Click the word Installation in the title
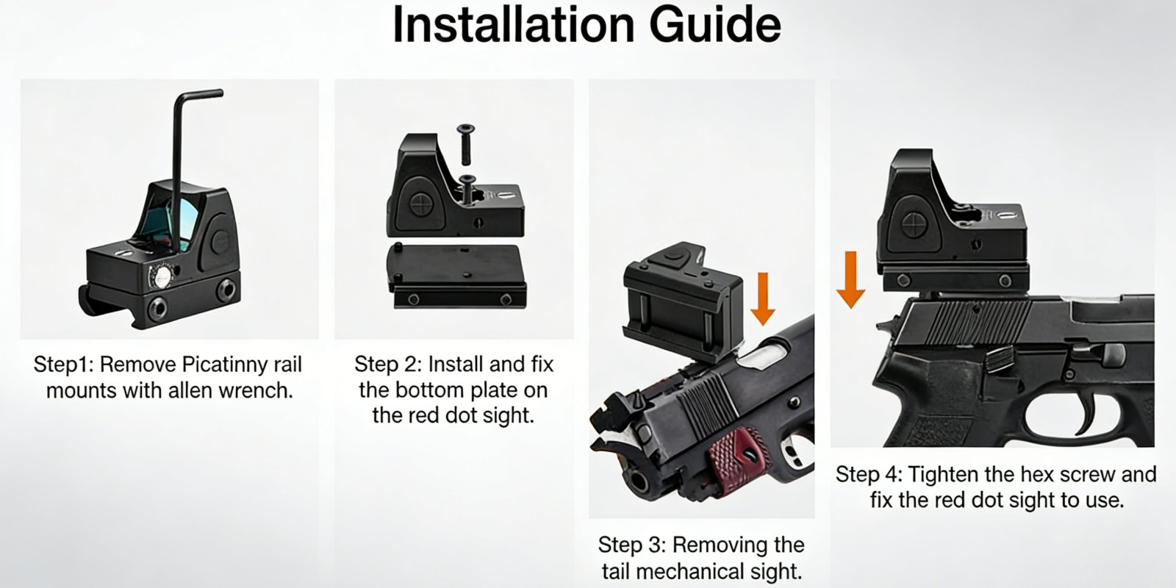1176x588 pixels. point(514,25)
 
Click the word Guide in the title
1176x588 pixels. point(715,25)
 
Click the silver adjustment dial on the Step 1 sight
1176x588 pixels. point(162,276)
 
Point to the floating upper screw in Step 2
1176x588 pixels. point(466,145)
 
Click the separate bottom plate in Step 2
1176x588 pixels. point(456,276)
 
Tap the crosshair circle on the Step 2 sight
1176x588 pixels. point(420,204)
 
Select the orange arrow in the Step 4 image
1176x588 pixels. point(850,280)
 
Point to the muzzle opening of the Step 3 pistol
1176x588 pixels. point(639,481)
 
